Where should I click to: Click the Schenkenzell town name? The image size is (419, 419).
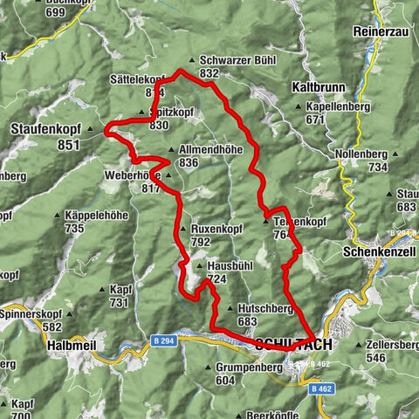tap(378, 248)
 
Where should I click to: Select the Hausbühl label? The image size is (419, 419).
tap(232, 266)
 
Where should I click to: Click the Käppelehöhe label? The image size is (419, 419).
tap(97, 216)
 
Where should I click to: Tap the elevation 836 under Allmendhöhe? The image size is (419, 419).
tap(189, 162)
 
